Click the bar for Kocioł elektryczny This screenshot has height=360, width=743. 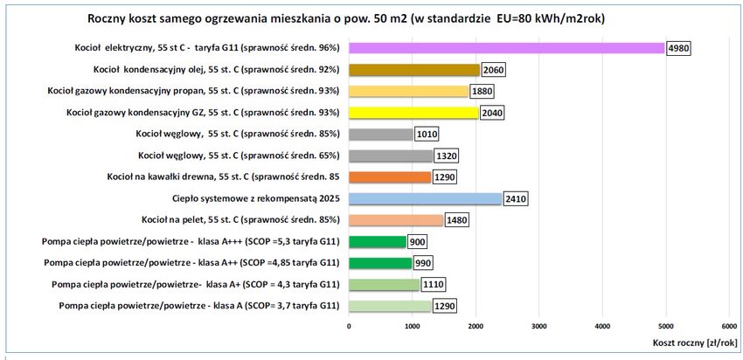507,48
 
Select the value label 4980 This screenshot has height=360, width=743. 677,48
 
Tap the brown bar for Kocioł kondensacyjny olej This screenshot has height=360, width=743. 413,69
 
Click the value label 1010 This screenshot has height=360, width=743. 427,134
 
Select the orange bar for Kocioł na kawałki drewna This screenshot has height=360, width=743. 390,177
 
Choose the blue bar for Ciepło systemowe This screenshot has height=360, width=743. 425,198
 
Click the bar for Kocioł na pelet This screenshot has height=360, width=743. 396,219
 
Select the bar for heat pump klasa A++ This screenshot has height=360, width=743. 379,262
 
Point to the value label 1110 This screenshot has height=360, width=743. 433,284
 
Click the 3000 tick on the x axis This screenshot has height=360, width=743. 538,325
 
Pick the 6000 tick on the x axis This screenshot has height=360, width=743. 728,325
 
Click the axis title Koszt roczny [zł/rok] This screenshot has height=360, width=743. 695,343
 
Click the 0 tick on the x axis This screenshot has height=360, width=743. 349,325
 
